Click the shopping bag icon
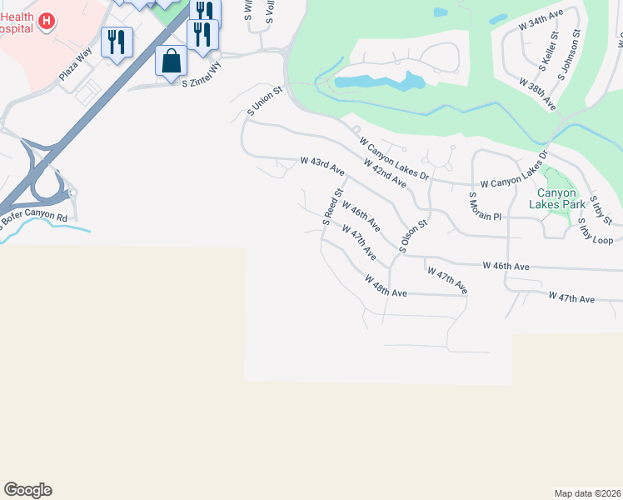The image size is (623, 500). pyautogui.click(x=171, y=60)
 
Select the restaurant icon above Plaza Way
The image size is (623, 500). pyautogui.click(x=117, y=41)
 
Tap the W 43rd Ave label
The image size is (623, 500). pyautogui.click(x=322, y=164)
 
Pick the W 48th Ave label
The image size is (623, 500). pyautogui.click(x=385, y=287)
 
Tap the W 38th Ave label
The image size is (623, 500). pyautogui.click(x=537, y=94)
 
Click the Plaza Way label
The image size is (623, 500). pyautogui.click(x=73, y=66)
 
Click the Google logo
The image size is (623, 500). pyautogui.click(x=27, y=490)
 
